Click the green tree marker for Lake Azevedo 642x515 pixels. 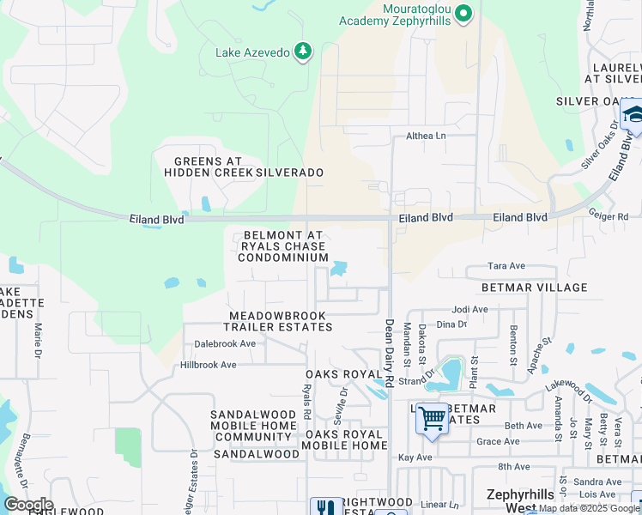pyautogui.click(x=302, y=52)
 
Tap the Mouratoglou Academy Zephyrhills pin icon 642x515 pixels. pyautogui.click(x=463, y=13)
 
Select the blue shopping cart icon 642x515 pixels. pyautogui.click(x=433, y=419)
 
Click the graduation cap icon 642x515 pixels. pyautogui.click(x=633, y=116)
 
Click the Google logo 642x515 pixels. pyautogui.click(x=28, y=505)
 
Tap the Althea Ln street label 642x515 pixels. pyautogui.click(x=427, y=136)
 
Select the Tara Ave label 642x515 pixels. pyautogui.click(x=506, y=266)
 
